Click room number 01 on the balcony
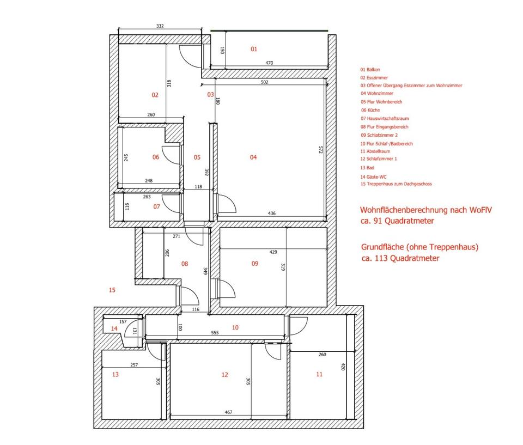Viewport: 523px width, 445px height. click(254, 50)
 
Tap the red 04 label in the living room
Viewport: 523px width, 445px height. click(253, 157)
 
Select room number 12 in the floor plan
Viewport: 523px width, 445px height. click(224, 375)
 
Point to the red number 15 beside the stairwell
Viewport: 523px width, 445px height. click(112, 290)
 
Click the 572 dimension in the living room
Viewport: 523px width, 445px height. click(321, 150)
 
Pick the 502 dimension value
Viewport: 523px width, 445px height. click(264, 83)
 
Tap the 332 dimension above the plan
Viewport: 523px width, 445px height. click(160, 26)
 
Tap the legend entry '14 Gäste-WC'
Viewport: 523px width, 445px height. click(374, 176)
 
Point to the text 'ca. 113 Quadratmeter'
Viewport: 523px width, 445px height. click(400, 259)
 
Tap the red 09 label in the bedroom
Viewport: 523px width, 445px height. click(254, 264)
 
